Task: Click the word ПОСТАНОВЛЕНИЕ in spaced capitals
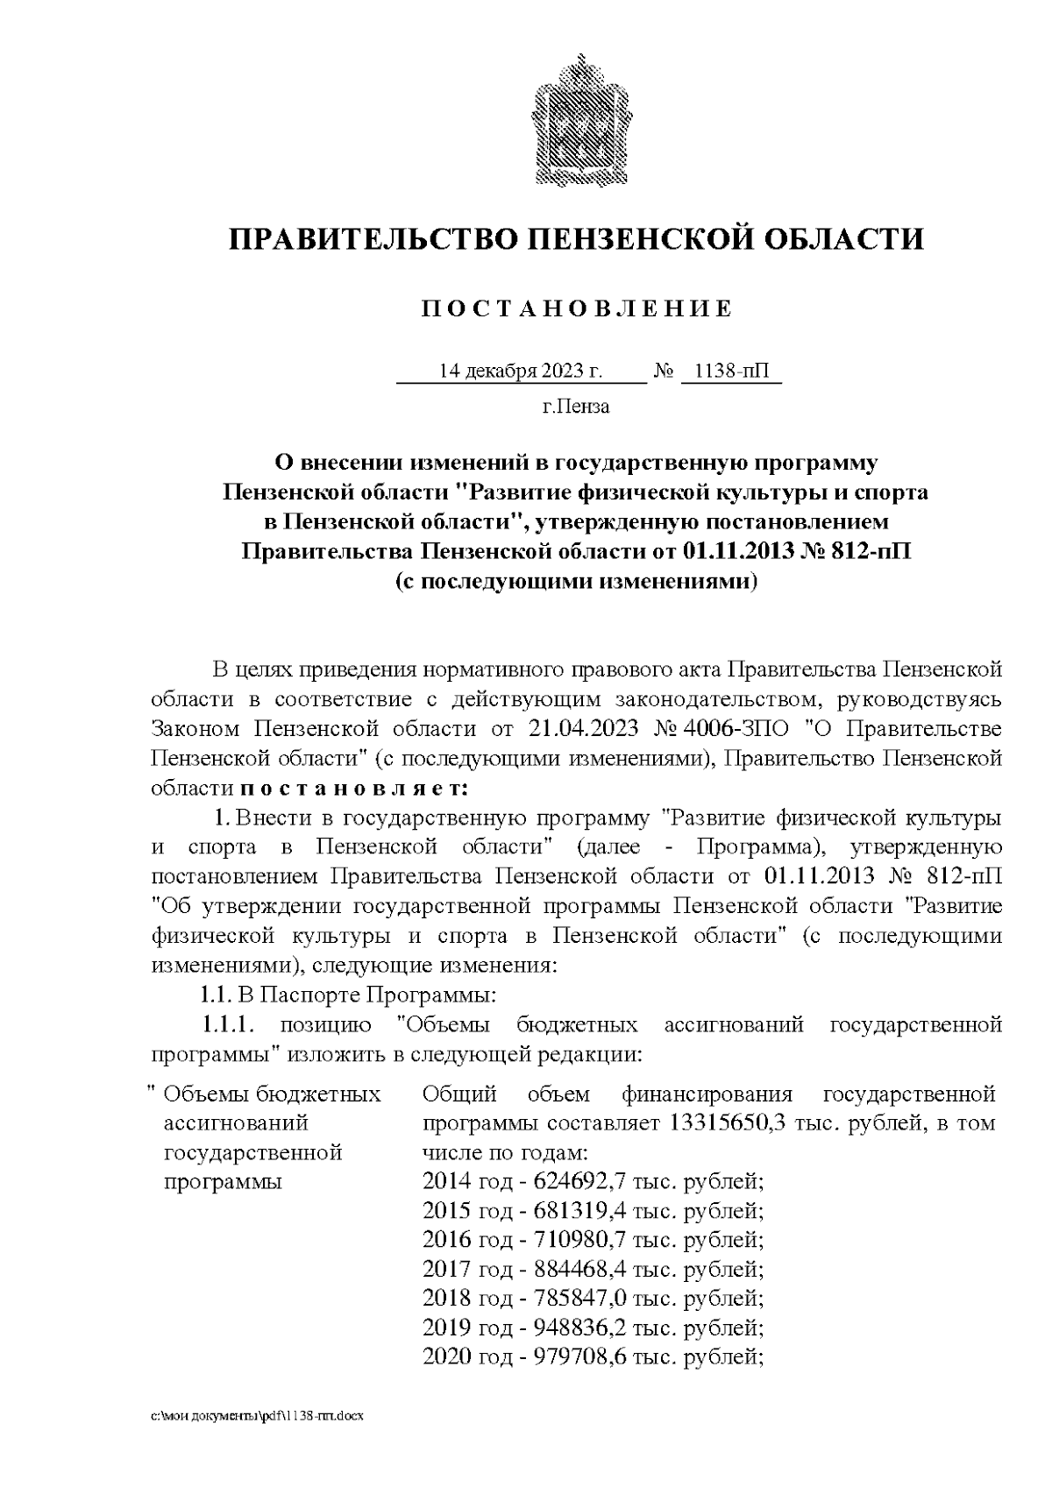[x=576, y=309]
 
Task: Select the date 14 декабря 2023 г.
[x=521, y=372]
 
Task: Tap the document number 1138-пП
[x=729, y=372]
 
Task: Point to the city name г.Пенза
[x=576, y=407]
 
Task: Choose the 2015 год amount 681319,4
[x=578, y=1211]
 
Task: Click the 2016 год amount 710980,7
[x=578, y=1240]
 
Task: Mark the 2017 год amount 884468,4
[x=578, y=1269]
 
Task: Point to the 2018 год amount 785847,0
[x=578, y=1298]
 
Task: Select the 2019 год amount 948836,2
[x=578, y=1327]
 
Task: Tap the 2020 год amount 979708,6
[x=578, y=1356]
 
